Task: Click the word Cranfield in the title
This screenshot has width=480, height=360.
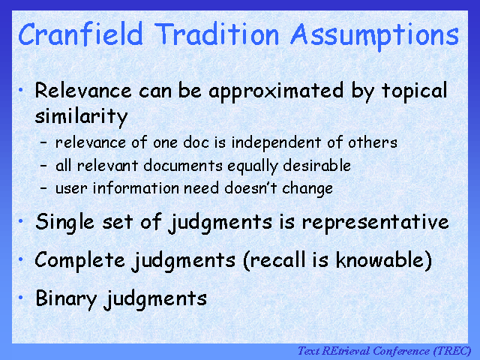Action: tap(80, 34)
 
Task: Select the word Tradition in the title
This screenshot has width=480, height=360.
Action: tap(217, 34)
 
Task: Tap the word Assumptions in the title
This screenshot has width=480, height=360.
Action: tap(375, 36)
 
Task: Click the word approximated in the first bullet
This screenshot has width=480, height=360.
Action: tap(276, 92)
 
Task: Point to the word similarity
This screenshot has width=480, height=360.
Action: tap(81, 117)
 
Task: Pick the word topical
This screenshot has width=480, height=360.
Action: tap(415, 92)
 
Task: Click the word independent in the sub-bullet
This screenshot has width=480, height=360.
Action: tap(276, 143)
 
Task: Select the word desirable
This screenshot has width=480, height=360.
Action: tap(316, 166)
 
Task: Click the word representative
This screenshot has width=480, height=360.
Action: tap(375, 223)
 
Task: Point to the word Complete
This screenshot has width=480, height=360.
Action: tap(80, 261)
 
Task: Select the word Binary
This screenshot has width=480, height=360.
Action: tap(66, 299)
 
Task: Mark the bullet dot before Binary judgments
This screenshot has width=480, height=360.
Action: tap(21, 297)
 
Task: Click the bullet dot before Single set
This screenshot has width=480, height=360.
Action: tap(21, 220)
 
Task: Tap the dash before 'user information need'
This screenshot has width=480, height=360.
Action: tap(43, 188)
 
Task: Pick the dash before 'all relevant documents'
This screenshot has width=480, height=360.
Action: tap(43, 166)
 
